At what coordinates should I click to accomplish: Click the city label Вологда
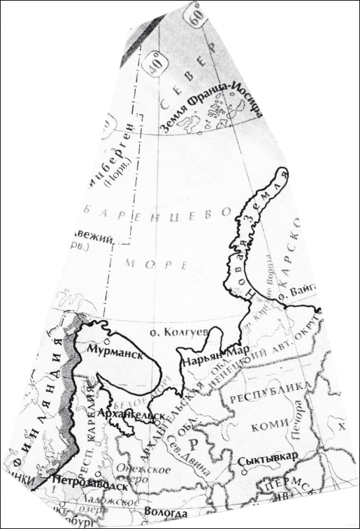[166, 513]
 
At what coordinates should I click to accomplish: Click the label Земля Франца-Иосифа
[211, 104]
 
